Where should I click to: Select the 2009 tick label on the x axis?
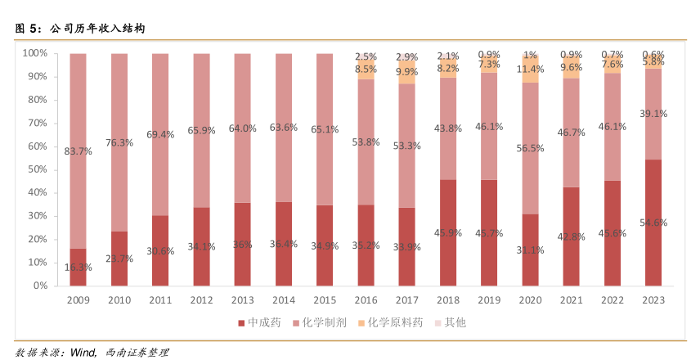[78, 300]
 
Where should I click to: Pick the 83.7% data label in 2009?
[78, 151]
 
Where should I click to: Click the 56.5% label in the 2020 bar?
[530, 148]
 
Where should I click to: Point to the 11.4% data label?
[530, 69]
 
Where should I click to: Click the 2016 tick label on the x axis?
[366, 300]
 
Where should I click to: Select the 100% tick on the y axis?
[34, 53]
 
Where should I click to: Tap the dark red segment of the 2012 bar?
[201, 246]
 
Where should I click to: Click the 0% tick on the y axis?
[39, 286]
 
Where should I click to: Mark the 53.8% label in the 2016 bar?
[366, 142]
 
